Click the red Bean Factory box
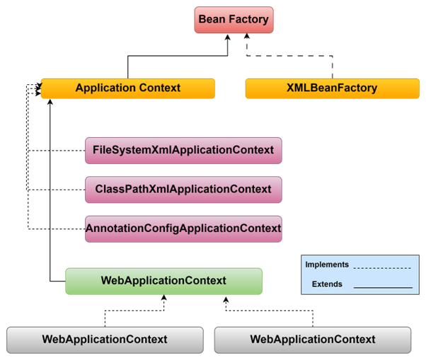pyautogui.click(x=234, y=20)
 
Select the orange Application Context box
pyautogui.click(x=127, y=88)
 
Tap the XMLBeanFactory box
pyautogui.click(x=332, y=88)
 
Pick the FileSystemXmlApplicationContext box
pyautogui.click(x=183, y=150)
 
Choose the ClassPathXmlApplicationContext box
pyautogui.click(x=183, y=190)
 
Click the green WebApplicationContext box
pyautogui.click(x=163, y=281)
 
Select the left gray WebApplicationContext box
pyautogui.click(x=105, y=339)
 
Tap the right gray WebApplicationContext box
pyautogui.click(x=313, y=339)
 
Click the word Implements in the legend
pyautogui.click(x=327, y=265)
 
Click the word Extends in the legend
pyautogui.click(x=327, y=284)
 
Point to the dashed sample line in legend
pyautogui.click(x=382, y=268)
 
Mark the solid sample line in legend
pyautogui.click(x=382, y=288)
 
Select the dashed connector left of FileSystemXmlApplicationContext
pyautogui.click(x=57, y=151)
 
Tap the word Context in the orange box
pyautogui.click(x=159, y=88)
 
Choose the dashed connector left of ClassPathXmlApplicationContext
pyautogui.click(x=57, y=190)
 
